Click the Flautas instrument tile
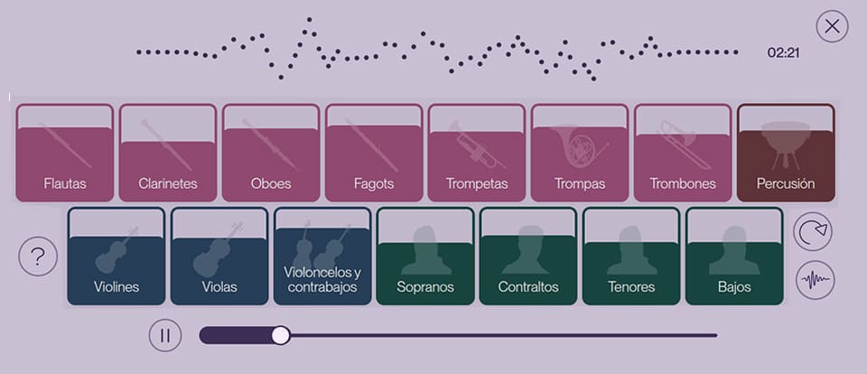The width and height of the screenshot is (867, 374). (65, 153)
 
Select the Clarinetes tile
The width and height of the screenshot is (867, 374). (168, 153)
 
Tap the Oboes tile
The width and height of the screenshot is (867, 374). (271, 153)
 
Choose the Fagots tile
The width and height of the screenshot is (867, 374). (374, 153)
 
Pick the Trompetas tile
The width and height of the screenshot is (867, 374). (477, 153)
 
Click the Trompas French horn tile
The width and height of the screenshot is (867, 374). (580, 153)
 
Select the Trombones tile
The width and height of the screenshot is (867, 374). (683, 153)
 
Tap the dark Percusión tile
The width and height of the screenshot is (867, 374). (786, 153)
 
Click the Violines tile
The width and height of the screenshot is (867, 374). (117, 257)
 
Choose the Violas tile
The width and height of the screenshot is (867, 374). (219, 257)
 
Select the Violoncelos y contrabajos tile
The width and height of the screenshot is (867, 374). (322, 257)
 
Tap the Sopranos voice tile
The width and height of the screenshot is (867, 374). (425, 257)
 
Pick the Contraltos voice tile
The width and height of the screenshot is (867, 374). (528, 257)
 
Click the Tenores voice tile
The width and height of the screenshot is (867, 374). (631, 257)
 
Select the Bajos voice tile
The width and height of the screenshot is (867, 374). (734, 257)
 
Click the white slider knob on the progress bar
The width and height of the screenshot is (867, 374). (281, 335)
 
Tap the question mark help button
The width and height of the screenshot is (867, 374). (38, 257)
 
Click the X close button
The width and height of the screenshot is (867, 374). (832, 26)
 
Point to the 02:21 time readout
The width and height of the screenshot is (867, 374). (783, 53)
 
